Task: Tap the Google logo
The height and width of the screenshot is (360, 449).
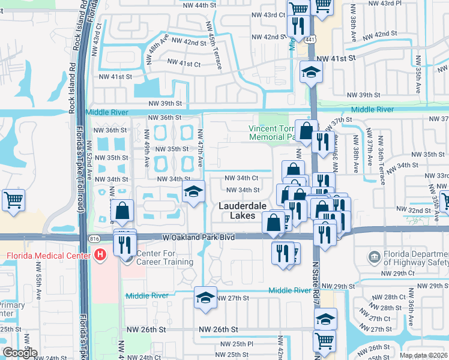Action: (20, 353)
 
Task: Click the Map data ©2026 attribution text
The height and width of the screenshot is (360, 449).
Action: (424, 355)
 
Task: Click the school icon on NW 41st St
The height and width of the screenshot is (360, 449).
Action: (312, 73)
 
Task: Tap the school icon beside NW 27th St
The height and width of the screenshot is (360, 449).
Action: (205, 298)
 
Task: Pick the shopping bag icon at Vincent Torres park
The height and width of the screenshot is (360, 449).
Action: (306, 131)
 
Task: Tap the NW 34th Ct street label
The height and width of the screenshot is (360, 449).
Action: (241, 178)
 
